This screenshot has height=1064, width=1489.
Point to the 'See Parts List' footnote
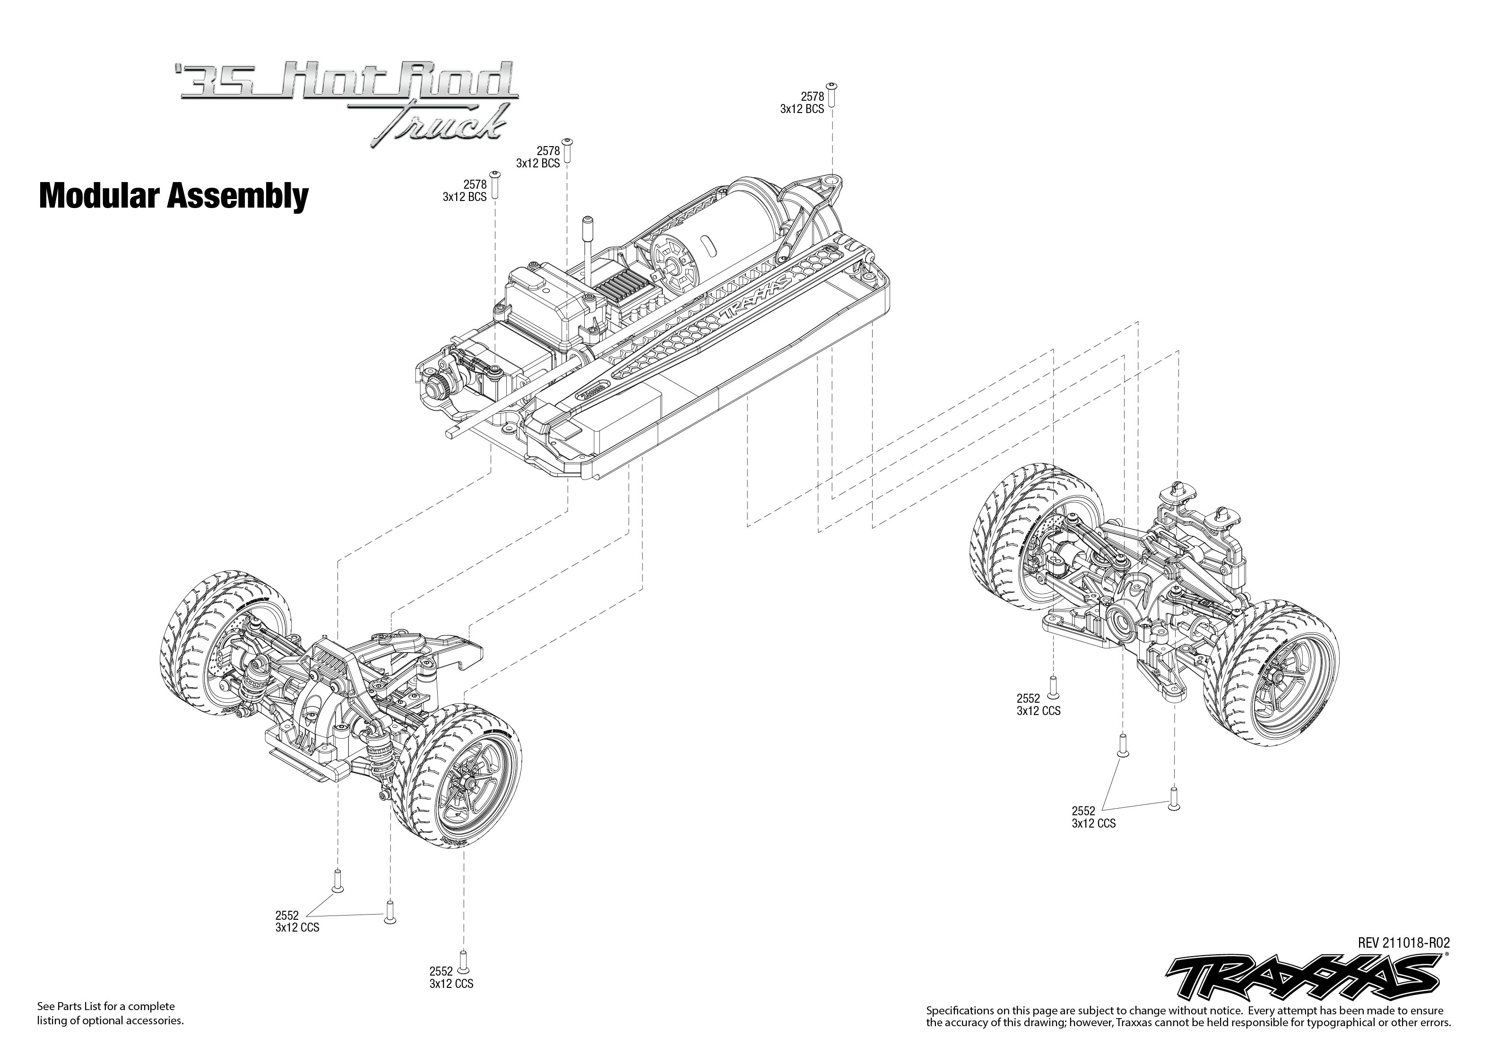110,1013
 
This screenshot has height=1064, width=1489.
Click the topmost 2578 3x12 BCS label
802,103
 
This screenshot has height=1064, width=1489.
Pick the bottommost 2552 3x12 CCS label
451,977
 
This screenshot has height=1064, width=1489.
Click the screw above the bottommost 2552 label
464,960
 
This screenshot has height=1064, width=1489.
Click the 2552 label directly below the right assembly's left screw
1039,704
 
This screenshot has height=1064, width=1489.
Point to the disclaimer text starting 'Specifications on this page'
1188,1016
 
